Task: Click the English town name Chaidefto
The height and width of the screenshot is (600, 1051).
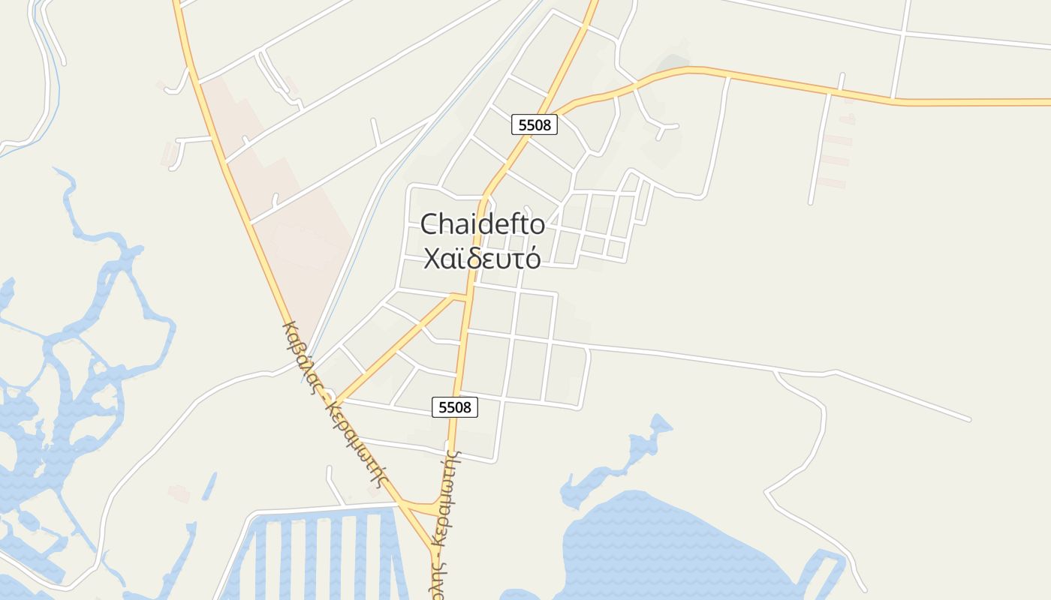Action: pos(483,224)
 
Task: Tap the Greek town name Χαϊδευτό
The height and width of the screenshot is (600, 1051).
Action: pos(482,258)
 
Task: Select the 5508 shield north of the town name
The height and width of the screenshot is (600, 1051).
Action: pos(535,124)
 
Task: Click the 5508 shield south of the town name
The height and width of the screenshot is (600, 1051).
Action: pos(455,407)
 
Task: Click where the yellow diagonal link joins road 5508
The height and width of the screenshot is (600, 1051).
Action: pos(467,298)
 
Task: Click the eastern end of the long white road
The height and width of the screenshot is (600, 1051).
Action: pos(968,418)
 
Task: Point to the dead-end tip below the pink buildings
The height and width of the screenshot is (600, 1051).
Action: pos(811,202)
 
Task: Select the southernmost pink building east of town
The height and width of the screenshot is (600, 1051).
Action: pos(831,183)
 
